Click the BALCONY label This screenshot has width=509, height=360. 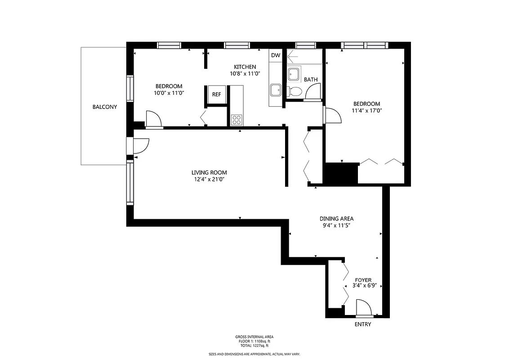point(104,107)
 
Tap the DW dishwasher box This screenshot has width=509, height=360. point(276,55)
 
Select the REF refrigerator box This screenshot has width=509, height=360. point(216,94)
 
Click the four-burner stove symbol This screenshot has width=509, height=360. point(237,120)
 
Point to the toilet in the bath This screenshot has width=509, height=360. point(295,91)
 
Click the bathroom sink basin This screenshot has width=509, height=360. point(294,74)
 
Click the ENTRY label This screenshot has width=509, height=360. point(363,324)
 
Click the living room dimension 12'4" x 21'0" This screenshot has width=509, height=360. point(209,180)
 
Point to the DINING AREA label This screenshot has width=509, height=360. point(337,219)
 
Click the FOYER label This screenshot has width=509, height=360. point(363,280)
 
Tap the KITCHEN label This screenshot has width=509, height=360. point(245,67)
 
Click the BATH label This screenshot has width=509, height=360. point(311,80)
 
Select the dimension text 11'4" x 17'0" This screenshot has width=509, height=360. point(367,110)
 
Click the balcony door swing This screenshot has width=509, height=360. point(142,147)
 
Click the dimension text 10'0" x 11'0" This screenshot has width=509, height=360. point(169,93)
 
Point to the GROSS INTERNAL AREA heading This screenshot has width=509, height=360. point(254,337)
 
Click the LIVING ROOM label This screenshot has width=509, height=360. point(209,172)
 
